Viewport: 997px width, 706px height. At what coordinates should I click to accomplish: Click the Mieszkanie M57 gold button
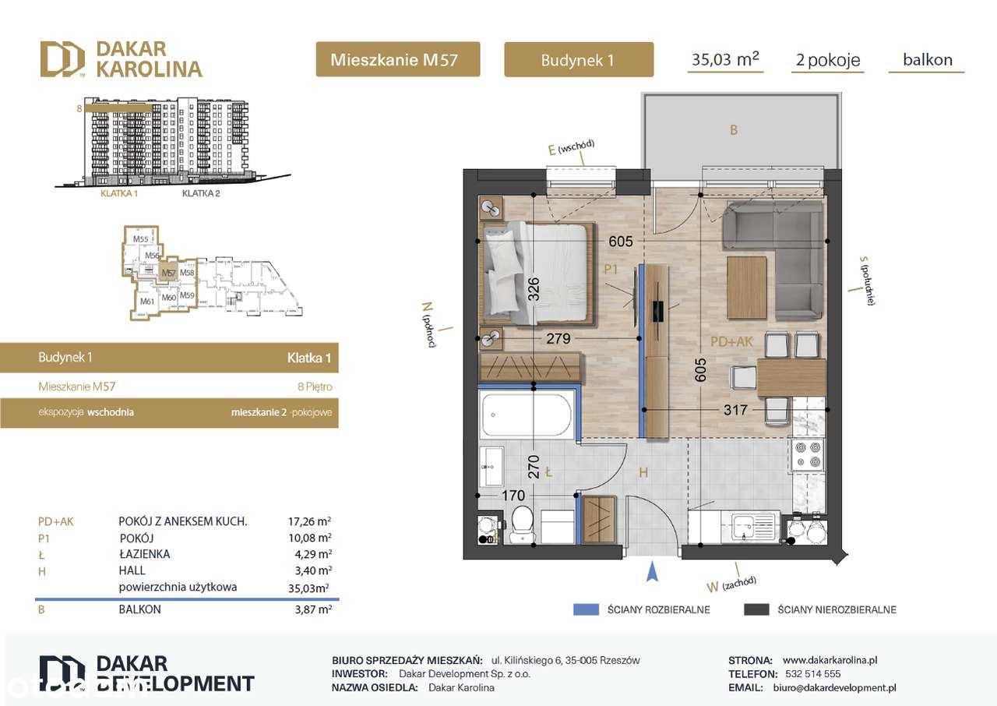pos(397,60)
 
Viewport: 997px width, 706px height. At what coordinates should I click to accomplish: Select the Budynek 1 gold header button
pos(578,60)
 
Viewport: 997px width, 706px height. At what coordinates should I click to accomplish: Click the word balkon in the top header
pos(927,59)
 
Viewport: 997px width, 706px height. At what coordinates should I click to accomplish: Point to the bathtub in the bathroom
pos(527,415)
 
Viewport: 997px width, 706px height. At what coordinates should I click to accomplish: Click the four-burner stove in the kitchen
pos(806,454)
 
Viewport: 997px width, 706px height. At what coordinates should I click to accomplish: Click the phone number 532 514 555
pos(812,673)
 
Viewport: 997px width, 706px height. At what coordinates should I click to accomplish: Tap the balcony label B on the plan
pos(733,131)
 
